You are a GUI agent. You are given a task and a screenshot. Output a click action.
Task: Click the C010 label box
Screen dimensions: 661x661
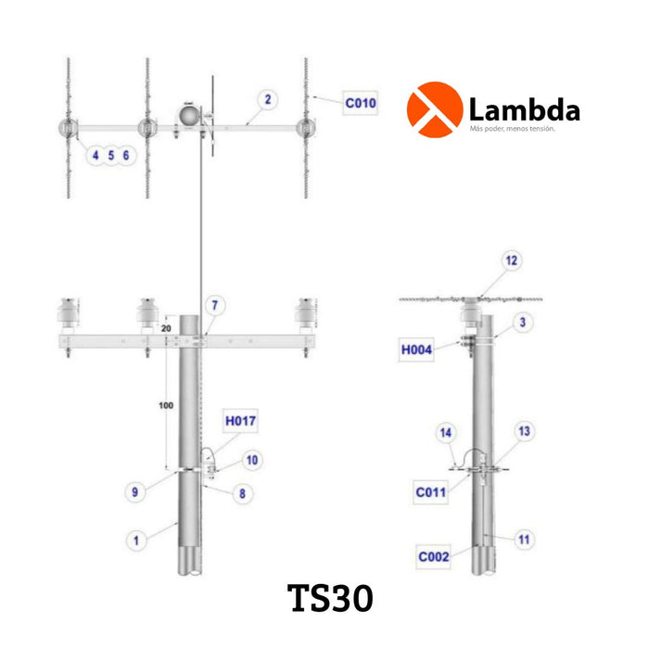[x=361, y=103]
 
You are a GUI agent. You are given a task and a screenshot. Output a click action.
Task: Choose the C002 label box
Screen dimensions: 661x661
[x=433, y=556]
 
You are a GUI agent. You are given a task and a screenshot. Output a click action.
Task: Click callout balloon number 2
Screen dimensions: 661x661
[x=267, y=99]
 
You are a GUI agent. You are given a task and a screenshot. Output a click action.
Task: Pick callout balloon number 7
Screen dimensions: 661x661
[x=214, y=305]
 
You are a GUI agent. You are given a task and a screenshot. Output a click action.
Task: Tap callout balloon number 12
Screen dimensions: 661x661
[x=511, y=261]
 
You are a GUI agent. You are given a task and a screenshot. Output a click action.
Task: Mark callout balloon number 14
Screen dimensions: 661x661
[x=447, y=433]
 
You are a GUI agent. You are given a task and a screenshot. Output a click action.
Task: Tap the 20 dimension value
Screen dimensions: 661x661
[x=167, y=328]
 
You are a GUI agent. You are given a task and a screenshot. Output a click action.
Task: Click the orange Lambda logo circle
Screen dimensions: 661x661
[x=434, y=109]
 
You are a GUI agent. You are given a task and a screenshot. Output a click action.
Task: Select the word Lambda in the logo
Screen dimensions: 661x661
[x=525, y=111]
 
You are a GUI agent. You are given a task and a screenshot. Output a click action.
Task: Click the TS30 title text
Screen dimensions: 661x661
[x=331, y=598]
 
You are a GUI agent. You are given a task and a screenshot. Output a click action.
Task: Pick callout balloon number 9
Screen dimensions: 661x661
[x=134, y=493]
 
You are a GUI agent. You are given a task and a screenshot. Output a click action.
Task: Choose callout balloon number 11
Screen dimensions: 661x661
[x=524, y=539]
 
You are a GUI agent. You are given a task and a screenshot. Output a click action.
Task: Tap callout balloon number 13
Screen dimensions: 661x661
[x=524, y=431]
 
